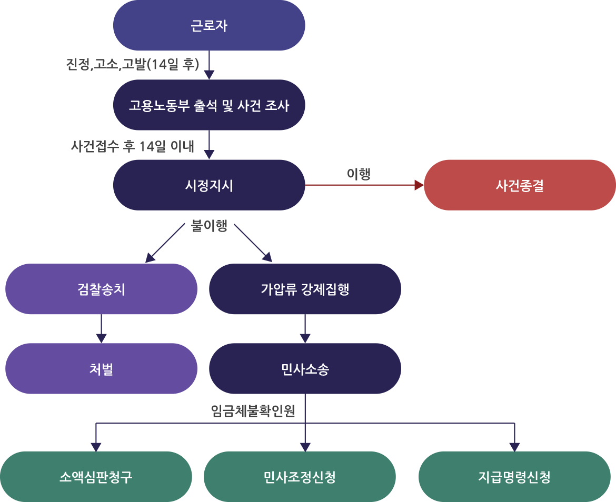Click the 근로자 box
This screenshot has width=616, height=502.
pos(209,25)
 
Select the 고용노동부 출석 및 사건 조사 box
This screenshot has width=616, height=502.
pos(209,105)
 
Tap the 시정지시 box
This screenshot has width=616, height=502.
pos(209,185)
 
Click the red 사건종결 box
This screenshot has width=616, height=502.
pos(520,185)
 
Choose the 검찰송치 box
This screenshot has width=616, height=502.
pos(101,289)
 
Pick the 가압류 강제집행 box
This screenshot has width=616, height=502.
pos(305,289)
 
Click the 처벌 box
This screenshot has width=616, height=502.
pos(101,369)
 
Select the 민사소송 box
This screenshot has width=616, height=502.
pos(305,369)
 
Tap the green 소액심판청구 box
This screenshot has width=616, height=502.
pos(96,477)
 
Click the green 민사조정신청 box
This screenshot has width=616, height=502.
pos(300,477)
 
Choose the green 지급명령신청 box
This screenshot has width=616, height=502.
pos(514,477)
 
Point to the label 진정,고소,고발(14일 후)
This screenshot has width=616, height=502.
pos(132,64)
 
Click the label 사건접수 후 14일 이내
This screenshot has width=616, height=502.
pos(133,146)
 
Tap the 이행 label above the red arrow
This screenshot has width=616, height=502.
pos(359,174)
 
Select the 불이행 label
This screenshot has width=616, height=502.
pos(209,226)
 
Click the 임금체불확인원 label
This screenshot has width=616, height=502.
pos(253,410)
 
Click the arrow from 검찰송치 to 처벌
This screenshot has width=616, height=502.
pos(101,329)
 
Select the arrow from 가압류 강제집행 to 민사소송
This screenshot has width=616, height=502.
pos(305,329)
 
